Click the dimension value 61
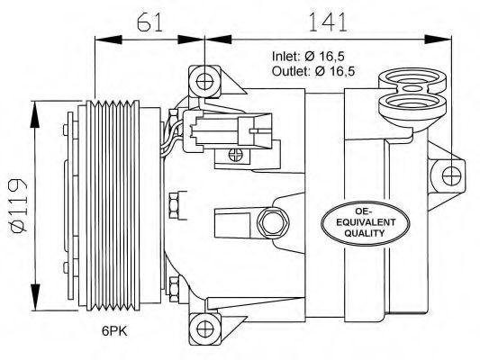point(149,22)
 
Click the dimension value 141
point(328,22)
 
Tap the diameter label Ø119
point(19,205)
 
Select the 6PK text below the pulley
point(114,331)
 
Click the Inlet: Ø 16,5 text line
point(308,57)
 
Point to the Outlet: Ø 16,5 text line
point(313,71)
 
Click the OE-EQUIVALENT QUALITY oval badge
point(366,223)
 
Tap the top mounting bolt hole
point(204,82)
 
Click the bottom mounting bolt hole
point(205,328)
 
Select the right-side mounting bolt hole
point(452,176)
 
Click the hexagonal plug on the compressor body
point(273,223)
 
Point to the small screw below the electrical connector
point(236,155)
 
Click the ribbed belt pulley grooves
point(113,205)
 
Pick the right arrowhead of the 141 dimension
point(438,40)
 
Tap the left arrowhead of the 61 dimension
point(109,40)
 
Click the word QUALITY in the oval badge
point(365,233)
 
